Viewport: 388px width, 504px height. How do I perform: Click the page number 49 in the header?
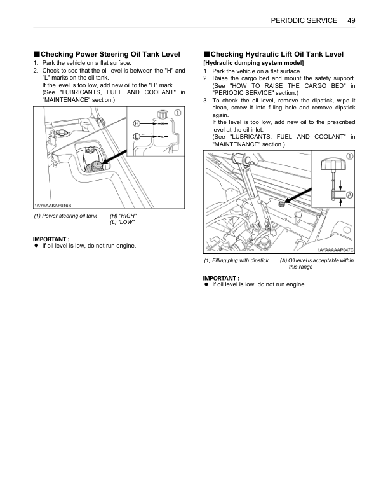coord(351,20)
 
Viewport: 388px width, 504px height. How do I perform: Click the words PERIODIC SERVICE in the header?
coord(304,20)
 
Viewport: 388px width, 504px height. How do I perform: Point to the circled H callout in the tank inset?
coord(137,122)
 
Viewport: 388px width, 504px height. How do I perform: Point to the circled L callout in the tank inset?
coord(137,136)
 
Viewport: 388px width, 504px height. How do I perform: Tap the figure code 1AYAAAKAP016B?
coord(53,205)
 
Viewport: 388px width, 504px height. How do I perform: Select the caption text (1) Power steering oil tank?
coord(65,216)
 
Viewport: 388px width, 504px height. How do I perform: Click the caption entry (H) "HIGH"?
coord(123,216)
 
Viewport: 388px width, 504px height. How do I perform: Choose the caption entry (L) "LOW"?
coord(123,222)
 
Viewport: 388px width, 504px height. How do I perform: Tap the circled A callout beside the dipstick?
coord(349,194)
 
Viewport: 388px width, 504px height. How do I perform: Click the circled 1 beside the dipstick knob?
coord(350,155)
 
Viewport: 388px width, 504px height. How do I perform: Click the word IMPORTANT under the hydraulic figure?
coord(220,279)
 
